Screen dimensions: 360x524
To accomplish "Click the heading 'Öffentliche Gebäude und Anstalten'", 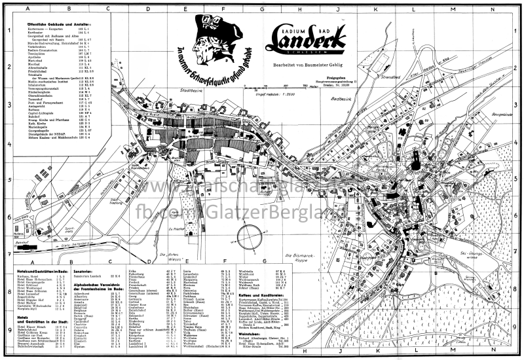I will [55, 23].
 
